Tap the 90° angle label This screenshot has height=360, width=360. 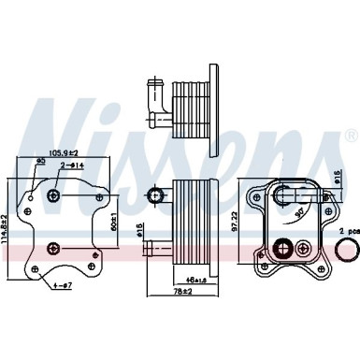(297, 214)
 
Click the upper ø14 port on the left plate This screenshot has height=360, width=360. (54, 195)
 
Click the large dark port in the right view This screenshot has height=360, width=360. (283, 250)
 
